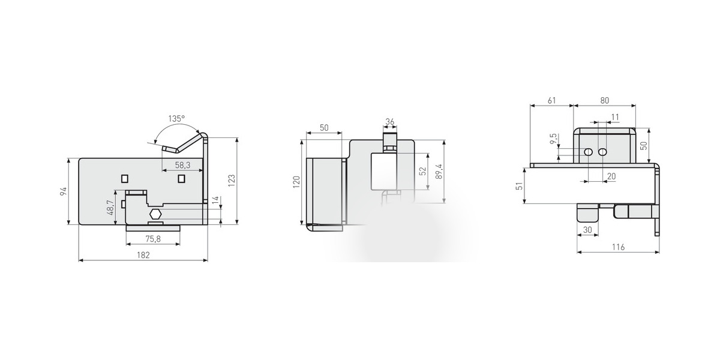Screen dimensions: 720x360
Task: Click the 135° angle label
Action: click(x=177, y=119)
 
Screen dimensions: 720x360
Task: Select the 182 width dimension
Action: click(x=143, y=255)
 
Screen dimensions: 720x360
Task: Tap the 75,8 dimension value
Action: click(x=153, y=239)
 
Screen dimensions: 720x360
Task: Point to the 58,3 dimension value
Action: click(x=182, y=165)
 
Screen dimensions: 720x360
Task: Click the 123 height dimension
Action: click(x=232, y=181)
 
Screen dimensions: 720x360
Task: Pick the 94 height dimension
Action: click(x=64, y=191)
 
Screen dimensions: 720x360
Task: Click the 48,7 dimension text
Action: click(x=110, y=208)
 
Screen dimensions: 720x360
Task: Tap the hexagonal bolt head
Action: click(x=155, y=214)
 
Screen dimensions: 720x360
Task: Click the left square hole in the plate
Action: click(x=125, y=178)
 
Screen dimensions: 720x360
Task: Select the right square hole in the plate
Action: click(x=182, y=178)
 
